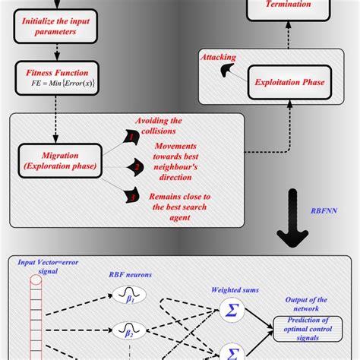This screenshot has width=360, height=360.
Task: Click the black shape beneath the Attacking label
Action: (x=227, y=71)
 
